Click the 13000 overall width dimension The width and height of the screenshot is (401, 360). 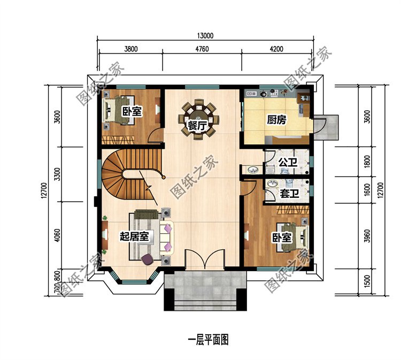click(x=205, y=35)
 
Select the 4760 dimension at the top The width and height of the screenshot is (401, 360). click(x=202, y=49)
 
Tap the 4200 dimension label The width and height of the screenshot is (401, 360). click(x=276, y=49)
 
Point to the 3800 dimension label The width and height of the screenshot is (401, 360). click(x=131, y=49)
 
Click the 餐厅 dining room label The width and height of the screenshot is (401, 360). click(x=197, y=126)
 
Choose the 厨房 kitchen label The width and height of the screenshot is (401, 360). click(x=276, y=119)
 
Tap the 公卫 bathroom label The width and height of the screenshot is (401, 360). click(x=288, y=162)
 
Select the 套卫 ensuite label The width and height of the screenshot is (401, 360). click(x=289, y=193)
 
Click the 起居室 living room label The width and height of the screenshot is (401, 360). click(x=134, y=236)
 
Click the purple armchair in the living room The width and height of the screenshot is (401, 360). click(x=148, y=259)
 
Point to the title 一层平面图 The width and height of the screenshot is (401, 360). click(x=208, y=340)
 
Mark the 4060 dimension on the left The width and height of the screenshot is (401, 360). click(x=58, y=235)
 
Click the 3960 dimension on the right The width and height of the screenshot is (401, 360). click(x=367, y=236)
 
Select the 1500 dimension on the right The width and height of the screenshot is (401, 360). click(x=367, y=282)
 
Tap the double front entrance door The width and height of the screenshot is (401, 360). click(x=205, y=259)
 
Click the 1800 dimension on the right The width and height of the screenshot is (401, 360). click(x=367, y=161)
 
